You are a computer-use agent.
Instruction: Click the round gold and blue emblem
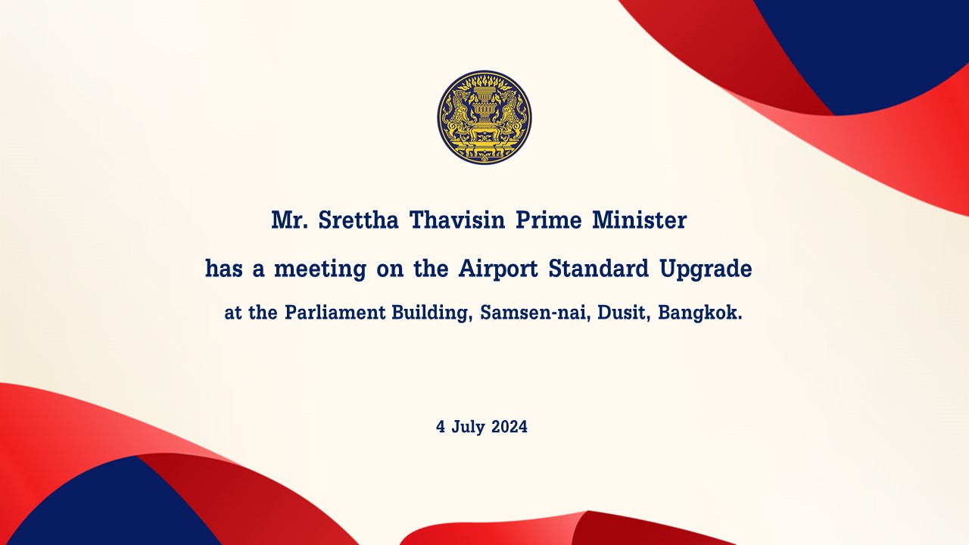(x=484, y=117)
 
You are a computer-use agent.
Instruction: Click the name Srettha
(x=358, y=220)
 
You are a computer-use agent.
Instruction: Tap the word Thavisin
(x=457, y=220)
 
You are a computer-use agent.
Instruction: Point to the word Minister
(x=640, y=220)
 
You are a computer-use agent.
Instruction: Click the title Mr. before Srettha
(x=289, y=220)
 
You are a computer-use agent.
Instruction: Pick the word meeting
(x=320, y=269)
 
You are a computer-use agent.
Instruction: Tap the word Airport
(x=498, y=269)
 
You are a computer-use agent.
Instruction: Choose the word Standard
(x=599, y=269)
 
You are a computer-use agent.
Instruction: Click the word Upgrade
(x=706, y=269)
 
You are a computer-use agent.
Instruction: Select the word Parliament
(x=335, y=313)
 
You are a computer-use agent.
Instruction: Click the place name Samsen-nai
(x=535, y=313)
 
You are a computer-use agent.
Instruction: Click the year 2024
(x=509, y=427)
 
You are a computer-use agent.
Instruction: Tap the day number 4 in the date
(x=441, y=427)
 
